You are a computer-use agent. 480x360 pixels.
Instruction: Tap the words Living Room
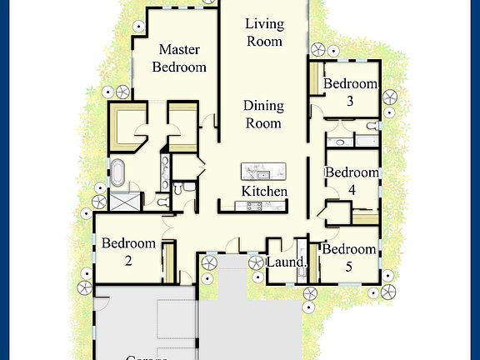coord(263,32)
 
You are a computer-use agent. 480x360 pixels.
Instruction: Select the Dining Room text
coord(262,115)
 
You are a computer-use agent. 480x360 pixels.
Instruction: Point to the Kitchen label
coord(264,192)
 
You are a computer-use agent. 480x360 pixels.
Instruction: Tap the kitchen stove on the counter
coord(250,206)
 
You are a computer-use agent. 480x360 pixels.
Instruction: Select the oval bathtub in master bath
coord(119,172)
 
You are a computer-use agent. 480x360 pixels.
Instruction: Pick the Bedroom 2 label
coord(128,252)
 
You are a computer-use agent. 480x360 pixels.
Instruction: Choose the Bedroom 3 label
coord(350,92)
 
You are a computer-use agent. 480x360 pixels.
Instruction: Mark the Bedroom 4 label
coord(351,181)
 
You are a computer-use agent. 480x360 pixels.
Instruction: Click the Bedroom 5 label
coord(349,257)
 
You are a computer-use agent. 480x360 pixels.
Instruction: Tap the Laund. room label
coord(287,262)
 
